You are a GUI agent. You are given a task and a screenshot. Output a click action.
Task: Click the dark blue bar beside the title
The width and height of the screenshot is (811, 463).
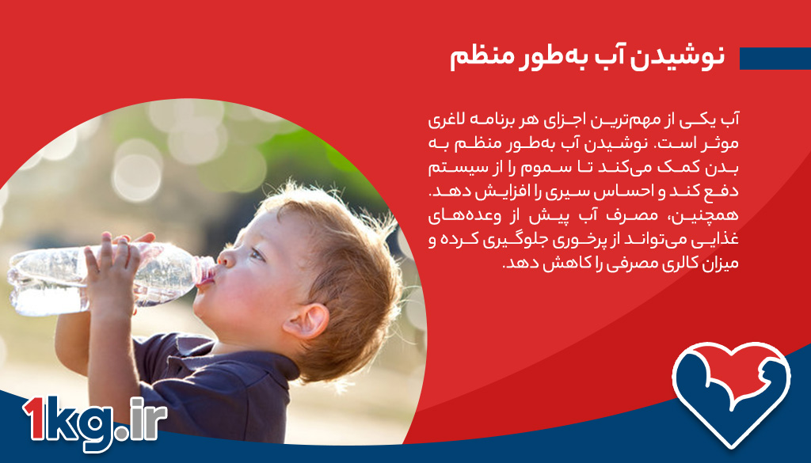[x=775, y=59]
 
